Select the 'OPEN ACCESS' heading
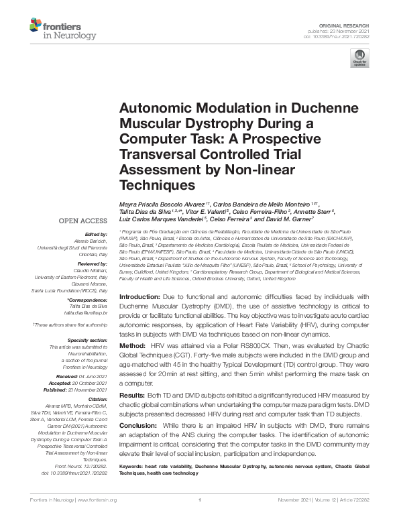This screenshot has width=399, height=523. [x=84, y=219]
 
